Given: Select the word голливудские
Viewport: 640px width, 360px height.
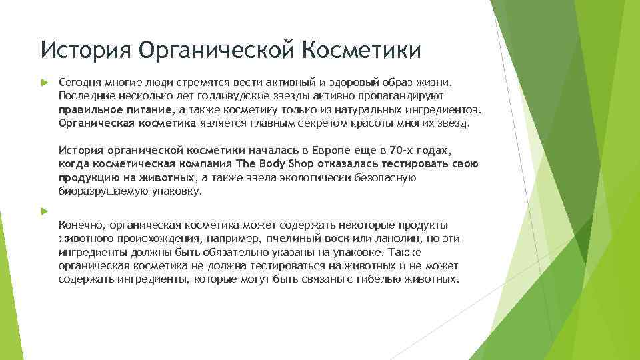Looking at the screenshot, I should point(204,96).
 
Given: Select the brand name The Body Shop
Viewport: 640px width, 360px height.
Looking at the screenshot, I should point(266,164).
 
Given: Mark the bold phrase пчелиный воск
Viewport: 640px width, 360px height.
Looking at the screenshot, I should point(297,239).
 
